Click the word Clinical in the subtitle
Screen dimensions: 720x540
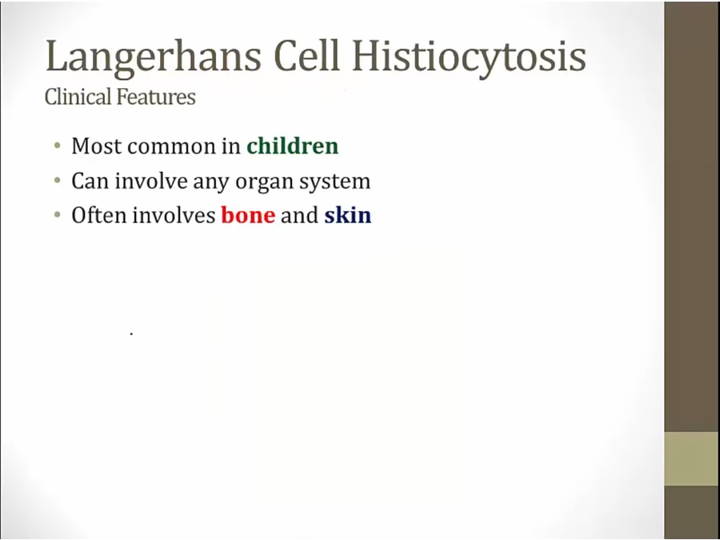point(78,97)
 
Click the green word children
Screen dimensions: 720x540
point(293,146)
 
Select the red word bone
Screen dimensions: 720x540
point(248,214)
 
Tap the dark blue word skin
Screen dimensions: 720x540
point(348,214)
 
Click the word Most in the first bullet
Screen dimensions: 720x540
point(97,146)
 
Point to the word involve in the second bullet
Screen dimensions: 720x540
point(151,181)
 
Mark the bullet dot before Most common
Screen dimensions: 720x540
point(58,146)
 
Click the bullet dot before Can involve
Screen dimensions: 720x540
point(58,181)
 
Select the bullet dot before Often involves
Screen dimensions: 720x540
point(58,214)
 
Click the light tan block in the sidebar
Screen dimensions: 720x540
point(692,458)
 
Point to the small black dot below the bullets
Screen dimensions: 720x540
point(131,334)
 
